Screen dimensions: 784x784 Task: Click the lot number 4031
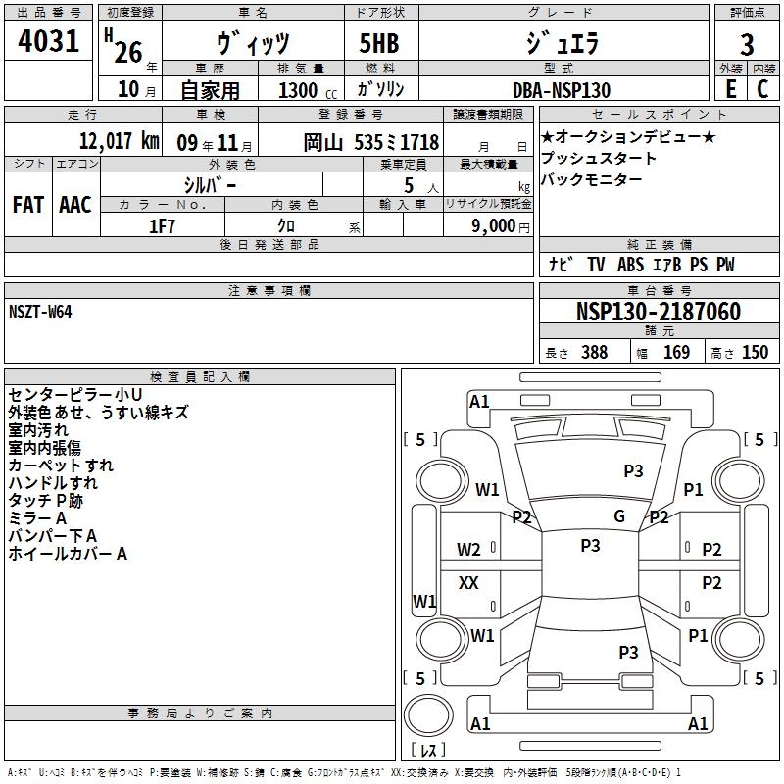pos(48,40)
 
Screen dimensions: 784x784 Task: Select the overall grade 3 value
pos(747,44)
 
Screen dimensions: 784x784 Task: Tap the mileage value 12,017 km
pos(119,140)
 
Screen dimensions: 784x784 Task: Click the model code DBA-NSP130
pos(562,90)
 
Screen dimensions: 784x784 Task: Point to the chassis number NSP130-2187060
pos(658,311)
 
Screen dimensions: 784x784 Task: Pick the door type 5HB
pos(379,43)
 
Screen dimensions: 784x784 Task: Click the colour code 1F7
pos(162,226)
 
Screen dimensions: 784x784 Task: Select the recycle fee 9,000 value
pos(493,225)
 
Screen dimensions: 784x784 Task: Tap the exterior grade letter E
pos(731,89)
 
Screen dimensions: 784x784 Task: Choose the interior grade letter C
pos(762,89)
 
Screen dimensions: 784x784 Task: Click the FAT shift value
pos(28,205)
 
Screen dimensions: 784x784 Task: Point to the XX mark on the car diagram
pos(468,582)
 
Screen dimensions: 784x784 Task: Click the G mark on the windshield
pos(619,515)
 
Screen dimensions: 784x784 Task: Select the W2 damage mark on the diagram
pos(468,550)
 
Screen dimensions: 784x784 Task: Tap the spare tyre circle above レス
pos(428,714)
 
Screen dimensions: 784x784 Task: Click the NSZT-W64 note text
pos(40,312)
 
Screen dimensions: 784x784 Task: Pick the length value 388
pos(595,352)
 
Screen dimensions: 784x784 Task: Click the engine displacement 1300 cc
pos(308,90)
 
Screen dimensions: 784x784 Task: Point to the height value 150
pos(755,352)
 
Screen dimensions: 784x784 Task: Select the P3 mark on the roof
pos(591,545)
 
